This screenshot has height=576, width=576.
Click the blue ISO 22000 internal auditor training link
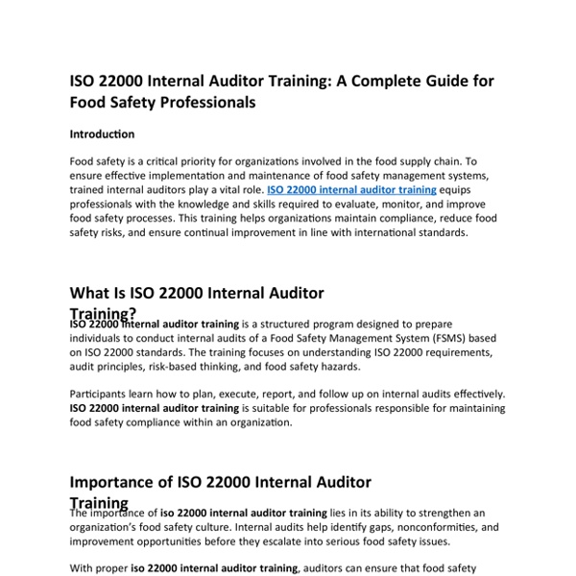pos(351,190)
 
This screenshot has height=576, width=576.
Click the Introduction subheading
pos(103,134)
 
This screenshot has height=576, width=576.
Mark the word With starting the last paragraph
pos(84,567)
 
